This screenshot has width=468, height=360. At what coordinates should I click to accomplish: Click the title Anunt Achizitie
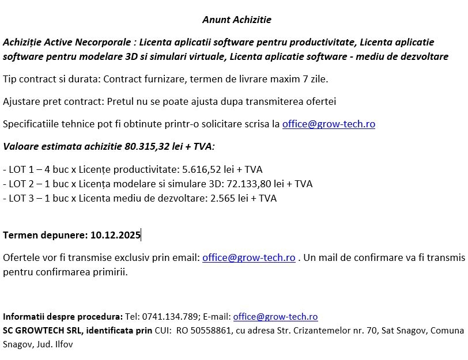pyautogui.click(x=236, y=20)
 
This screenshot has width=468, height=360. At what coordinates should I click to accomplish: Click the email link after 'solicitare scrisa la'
pyautogui.click(x=329, y=124)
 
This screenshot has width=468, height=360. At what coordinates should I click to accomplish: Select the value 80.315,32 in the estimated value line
pyautogui.click(x=147, y=146)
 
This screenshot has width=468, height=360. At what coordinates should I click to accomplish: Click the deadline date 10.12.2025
pyautogui.click(x=115, y=234)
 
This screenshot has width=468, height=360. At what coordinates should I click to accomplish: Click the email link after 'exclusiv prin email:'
pyautogui.click(x=248, y=257)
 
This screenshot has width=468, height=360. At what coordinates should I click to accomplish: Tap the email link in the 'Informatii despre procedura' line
pyautogui.click(x=275, y=317)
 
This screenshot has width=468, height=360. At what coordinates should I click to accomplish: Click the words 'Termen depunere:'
pyautogui.click(x=44, y=234)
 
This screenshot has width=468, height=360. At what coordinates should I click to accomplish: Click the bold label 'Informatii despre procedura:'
pyautogui.click(x=63, y=317)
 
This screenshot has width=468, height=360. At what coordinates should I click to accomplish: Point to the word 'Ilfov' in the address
pyautogui.click(x=63, y=344)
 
